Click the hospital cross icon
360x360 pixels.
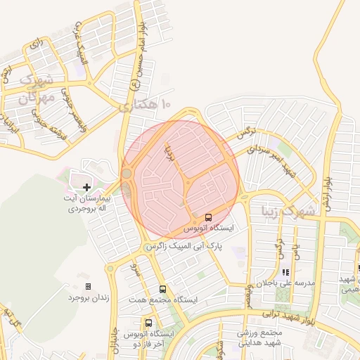click(x=86, y=187)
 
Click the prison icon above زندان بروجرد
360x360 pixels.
click(x=88, y=286)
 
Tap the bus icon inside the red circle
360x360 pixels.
click(x=208, y=217)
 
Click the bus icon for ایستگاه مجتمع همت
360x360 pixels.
click(x=163, y=289)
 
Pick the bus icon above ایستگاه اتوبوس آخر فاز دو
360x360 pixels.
click(x=148, y=322)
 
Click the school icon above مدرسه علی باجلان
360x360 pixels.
click(x=285, y=271)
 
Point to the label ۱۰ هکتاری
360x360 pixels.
click(x=146, y=106)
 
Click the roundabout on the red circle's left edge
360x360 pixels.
click(x=127, y=173)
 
